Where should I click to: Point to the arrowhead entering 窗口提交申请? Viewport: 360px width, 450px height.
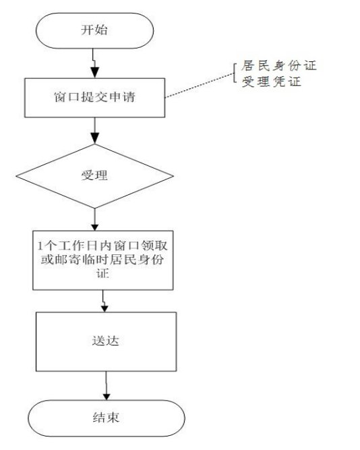(x=94, y=73)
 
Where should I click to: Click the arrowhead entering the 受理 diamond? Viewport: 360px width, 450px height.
(x=94, y=138)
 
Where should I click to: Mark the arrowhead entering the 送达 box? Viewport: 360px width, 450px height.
(x=104, y=308)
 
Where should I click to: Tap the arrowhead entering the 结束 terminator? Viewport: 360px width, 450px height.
(x=107, y=396)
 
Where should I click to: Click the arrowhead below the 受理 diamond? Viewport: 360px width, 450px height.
(x=94, y=227)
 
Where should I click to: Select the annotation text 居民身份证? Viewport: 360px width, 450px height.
(x=278, y=65)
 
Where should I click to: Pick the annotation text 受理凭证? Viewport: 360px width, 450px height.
(x=271, y=82)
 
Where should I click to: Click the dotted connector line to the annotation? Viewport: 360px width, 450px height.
(x=200, y=85)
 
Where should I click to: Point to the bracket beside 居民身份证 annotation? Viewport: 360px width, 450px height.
(x=235, y=73)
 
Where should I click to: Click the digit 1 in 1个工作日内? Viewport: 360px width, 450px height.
(x=40, y=246)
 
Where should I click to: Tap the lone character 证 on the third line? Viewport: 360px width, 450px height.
(x=102, y=273)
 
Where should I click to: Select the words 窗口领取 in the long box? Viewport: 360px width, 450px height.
(x=140, y=246)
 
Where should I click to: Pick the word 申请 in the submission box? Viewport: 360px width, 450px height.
(x=122, y=97)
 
